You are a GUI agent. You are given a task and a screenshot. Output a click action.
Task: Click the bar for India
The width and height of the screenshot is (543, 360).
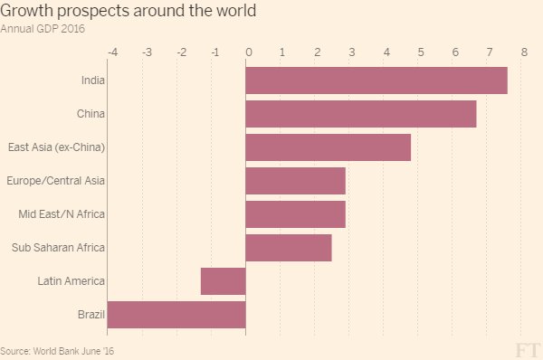[x=376, y=81]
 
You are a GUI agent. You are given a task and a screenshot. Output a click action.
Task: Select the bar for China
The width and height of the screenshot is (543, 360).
[x=360, y=114]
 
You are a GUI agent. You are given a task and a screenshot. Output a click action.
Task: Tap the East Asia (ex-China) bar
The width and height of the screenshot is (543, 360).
[x=328, y=147]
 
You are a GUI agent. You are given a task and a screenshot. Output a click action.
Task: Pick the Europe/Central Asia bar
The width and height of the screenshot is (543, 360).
[x=295, y=181]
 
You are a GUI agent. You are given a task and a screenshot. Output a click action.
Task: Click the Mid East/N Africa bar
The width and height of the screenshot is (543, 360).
[x=295, y=214]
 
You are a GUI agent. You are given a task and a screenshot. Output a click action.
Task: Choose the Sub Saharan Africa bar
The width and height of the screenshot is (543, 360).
[x=288, y=248]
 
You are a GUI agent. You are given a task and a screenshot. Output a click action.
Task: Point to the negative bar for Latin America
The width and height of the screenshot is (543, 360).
[x=223, y=281]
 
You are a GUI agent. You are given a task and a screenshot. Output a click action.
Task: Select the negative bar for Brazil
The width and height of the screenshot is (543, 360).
[x=176, y=315]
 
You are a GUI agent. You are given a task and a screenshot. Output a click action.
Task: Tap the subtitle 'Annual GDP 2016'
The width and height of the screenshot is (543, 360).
[x=43, y=28]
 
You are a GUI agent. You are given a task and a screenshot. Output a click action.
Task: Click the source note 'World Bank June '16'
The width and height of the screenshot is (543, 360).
[x=58, y=350]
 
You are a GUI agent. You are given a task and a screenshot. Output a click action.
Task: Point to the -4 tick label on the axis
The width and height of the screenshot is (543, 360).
[x=112, y=52]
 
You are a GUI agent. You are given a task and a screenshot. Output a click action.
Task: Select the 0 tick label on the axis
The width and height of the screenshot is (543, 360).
[x=248, y=52]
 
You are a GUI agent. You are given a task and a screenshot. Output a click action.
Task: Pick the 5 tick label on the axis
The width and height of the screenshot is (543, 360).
[x=420, y=52]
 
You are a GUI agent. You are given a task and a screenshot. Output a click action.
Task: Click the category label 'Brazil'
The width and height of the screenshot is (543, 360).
[x=92, y=315]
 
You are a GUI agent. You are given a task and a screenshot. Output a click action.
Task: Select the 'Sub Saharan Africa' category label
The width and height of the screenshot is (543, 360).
[x=59, y=248]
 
